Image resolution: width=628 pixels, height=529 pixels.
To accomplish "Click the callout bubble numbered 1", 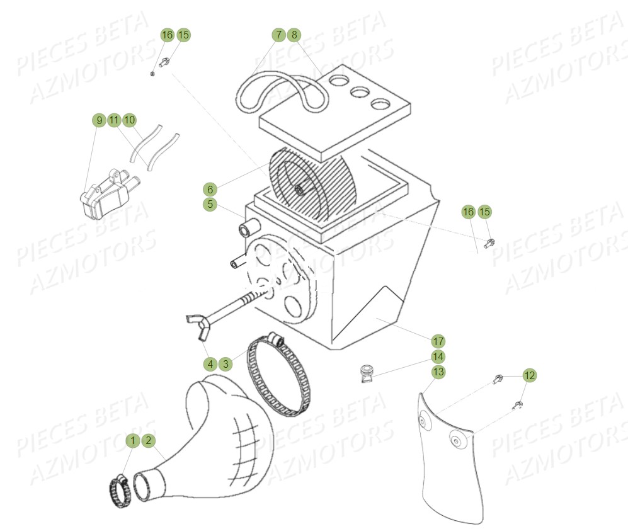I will click(133, 441).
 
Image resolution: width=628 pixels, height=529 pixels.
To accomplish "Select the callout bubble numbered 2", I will click(148, 441).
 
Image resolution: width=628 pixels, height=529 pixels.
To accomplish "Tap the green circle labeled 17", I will click(438, 341).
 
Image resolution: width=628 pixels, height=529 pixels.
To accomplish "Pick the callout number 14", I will click(438, 356).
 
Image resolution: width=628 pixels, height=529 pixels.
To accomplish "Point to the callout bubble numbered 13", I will click(438, 372).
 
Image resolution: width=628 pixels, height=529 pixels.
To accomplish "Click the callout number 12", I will click(530, 376).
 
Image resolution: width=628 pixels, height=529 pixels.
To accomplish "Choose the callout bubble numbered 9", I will click(98, 120).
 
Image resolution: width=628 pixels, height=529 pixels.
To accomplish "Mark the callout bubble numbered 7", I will click(278, 35).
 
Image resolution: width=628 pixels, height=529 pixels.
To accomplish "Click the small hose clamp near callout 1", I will click(119, 486).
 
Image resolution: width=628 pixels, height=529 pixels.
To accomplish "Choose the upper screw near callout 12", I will click(498, 379).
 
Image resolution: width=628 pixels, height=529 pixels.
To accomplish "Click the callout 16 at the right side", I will click(468, 212).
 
